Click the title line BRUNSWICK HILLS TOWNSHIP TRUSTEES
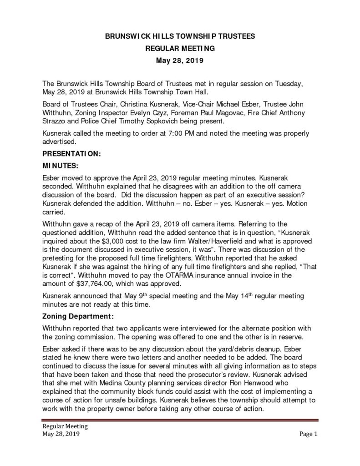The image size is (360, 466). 180,35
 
